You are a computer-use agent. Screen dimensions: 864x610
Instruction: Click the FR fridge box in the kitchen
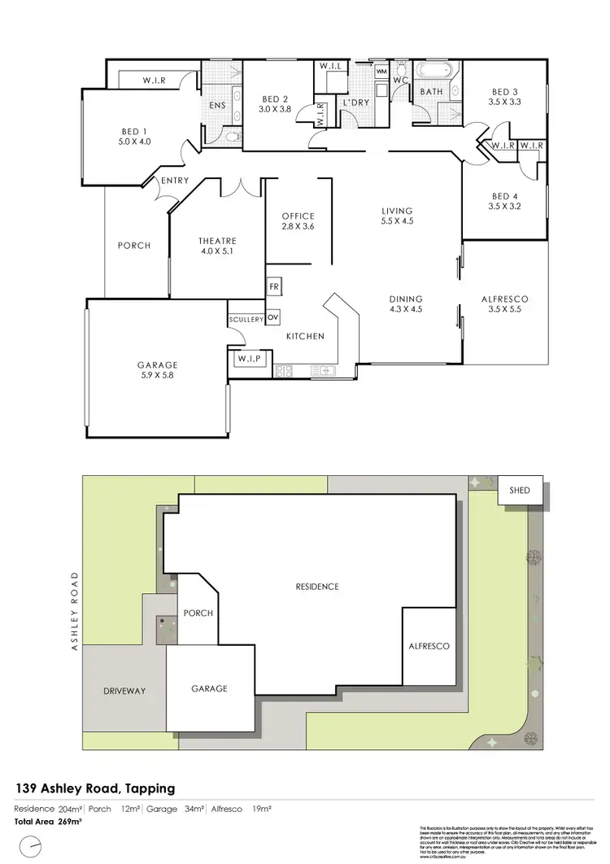coord(273,288)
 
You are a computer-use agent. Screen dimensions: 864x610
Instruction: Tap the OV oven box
coord(273,317)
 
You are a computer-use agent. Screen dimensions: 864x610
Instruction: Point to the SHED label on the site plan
coord(520,491)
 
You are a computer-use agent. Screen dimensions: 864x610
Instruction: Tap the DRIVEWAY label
coord(124,691)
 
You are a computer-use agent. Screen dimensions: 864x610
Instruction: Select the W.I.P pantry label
coord(248,359)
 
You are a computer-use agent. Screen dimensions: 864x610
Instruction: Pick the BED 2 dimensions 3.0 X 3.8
coord(275,108)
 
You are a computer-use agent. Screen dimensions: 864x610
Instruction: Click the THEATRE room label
coord(217,241)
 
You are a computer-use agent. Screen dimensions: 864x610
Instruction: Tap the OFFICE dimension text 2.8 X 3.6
coord(298,226)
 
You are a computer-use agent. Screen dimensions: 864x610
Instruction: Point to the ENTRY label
coord(175,181)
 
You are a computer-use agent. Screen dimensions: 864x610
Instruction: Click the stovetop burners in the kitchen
coord(284,371)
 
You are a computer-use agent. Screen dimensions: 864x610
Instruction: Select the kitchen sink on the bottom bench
coord(325,371)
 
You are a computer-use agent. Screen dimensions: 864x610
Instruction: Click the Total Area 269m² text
coord(48,822)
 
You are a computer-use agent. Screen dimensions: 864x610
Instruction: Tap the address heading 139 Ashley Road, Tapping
coord(95,788)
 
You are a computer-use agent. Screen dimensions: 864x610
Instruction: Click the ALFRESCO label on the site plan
coord(429,646)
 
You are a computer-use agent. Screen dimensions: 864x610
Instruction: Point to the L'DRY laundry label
coord(356,103)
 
